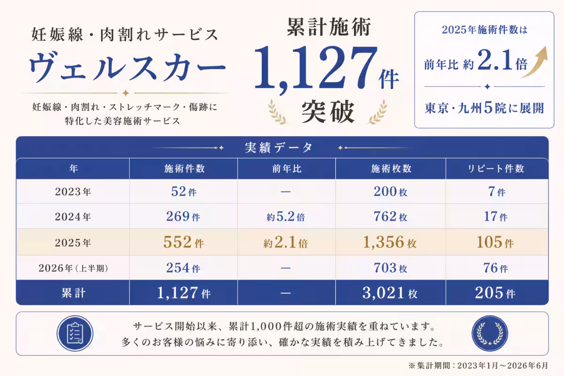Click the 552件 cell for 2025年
click(x=184, y=242)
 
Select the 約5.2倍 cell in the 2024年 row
click(x=286, y=217)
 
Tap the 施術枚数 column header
click(x=391, y=168)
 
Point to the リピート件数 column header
click(x=496, y=168)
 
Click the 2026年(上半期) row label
click(x=73, y=268)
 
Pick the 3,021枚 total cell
click(x=390, y=293)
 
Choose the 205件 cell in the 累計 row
click(x=495, y=293)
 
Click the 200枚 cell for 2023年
click(x=390, y=191)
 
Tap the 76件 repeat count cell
click(x=495, y=268)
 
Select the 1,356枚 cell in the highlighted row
click(x=390, y=242)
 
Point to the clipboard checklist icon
click(x=75, y=333)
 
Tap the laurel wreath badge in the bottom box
click(x=490, y=333)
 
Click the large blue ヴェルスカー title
click(x=127, y=67)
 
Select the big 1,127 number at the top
click(x=316, y=68)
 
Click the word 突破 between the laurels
click(x=328, y=111)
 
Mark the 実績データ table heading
click(x=279, y=148)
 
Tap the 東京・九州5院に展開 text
click(x=484, y=108)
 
